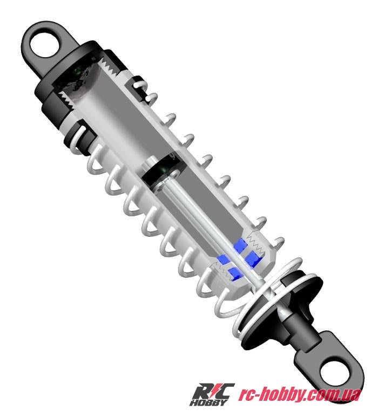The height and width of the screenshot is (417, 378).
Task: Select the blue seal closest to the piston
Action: click(239, 248)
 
